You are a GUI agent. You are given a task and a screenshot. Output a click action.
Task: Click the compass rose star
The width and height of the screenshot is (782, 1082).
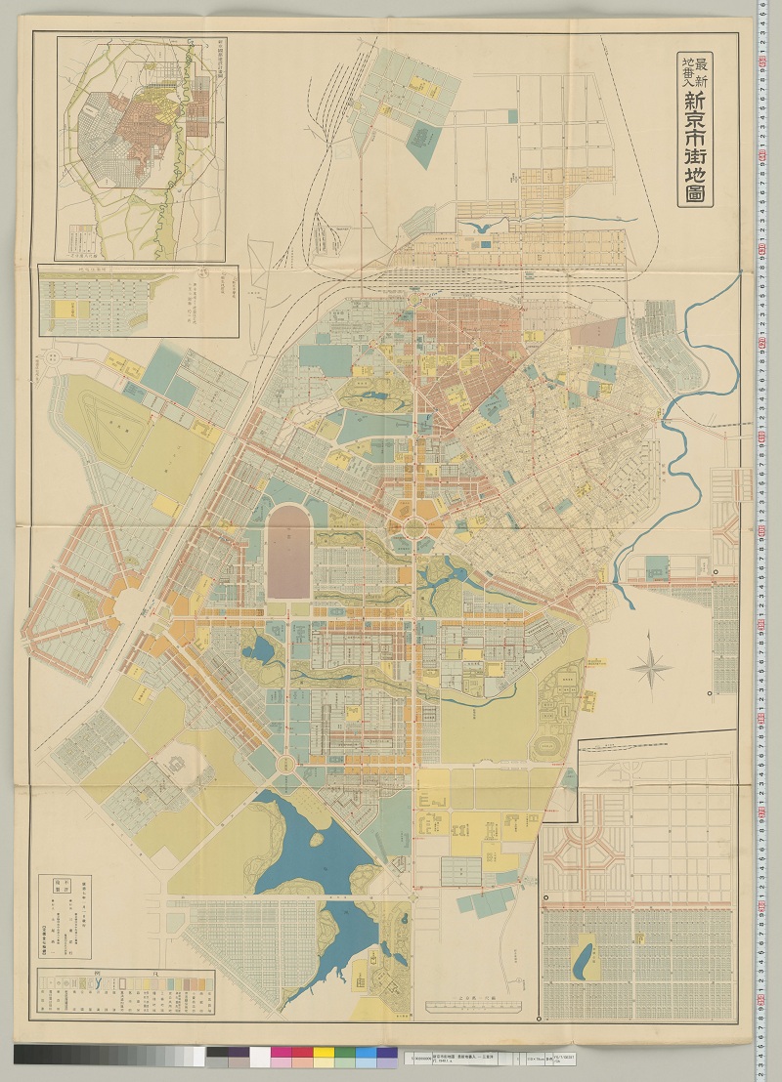[x=650, y=669]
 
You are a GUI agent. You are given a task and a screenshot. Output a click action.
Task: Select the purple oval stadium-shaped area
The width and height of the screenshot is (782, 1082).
[x=289, y=551]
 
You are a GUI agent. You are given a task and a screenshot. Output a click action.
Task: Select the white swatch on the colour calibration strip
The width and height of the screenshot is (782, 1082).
[x=259, y=1057]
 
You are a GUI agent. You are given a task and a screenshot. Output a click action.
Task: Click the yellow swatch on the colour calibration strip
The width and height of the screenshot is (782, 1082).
[x=324, y=1057]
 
